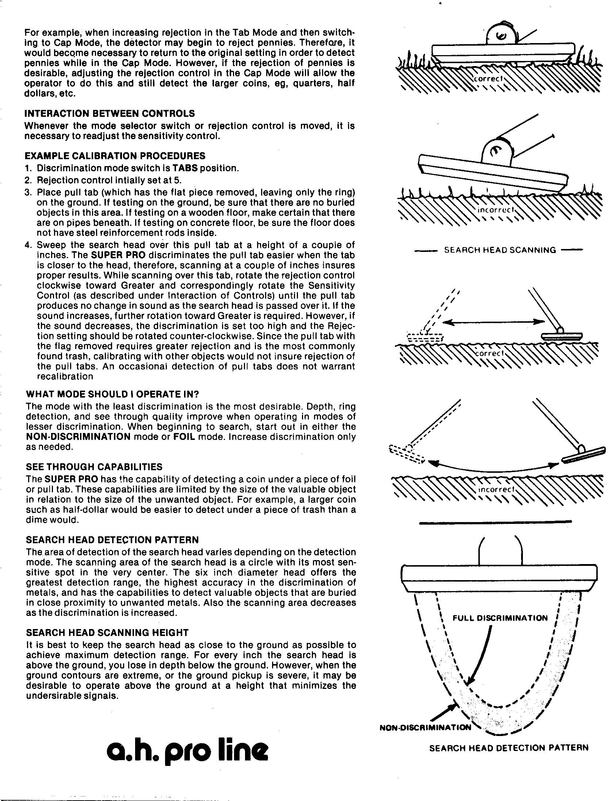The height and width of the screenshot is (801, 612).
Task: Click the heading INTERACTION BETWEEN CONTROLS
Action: [x=110, y=114]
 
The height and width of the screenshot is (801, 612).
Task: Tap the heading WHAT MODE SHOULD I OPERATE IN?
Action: [x=112, y=394]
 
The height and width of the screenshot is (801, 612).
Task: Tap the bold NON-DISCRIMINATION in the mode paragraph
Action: [x=78, y=437]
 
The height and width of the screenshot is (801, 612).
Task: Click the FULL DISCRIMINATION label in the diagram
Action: [x=500, y=618]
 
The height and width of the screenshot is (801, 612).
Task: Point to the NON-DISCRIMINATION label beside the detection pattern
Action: [x=425, y=728]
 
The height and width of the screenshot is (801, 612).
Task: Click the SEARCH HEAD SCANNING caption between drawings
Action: [x=500, y=250]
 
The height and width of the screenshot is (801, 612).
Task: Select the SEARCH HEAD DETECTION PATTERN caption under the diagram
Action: [x=509, y=748]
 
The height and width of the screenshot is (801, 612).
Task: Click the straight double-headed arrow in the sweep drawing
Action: [x=493, y=322]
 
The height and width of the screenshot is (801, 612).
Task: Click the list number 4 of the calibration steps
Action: [x=28, y=245]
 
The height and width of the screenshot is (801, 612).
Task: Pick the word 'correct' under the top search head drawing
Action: [x=489, y=78]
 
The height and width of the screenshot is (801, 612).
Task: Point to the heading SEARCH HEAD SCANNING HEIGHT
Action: [x=107, y=633]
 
